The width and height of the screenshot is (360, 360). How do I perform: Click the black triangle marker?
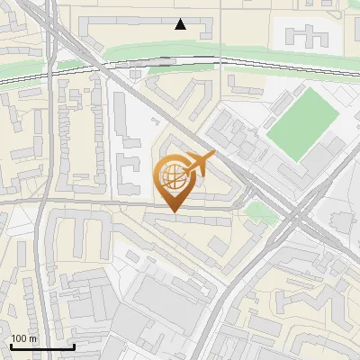(x=181, y=24)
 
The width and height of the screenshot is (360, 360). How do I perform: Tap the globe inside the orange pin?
(x=173, y=177)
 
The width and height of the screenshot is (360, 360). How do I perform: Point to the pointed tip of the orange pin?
(x=174, y=211)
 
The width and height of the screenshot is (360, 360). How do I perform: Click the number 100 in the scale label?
(x=19, y=339)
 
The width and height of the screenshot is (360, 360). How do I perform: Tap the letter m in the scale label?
(x=32, y=339)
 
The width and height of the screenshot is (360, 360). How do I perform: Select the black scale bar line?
(x=41, y=346)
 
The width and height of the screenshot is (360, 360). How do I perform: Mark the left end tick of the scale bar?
(x=10, y=346)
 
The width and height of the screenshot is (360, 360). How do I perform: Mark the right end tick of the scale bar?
(x=74, y=346)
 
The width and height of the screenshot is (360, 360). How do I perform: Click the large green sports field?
(x=301, y=123)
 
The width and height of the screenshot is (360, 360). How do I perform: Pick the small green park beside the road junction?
(x=258, y=211)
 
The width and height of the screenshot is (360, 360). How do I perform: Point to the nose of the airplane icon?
(x=213, y=156)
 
